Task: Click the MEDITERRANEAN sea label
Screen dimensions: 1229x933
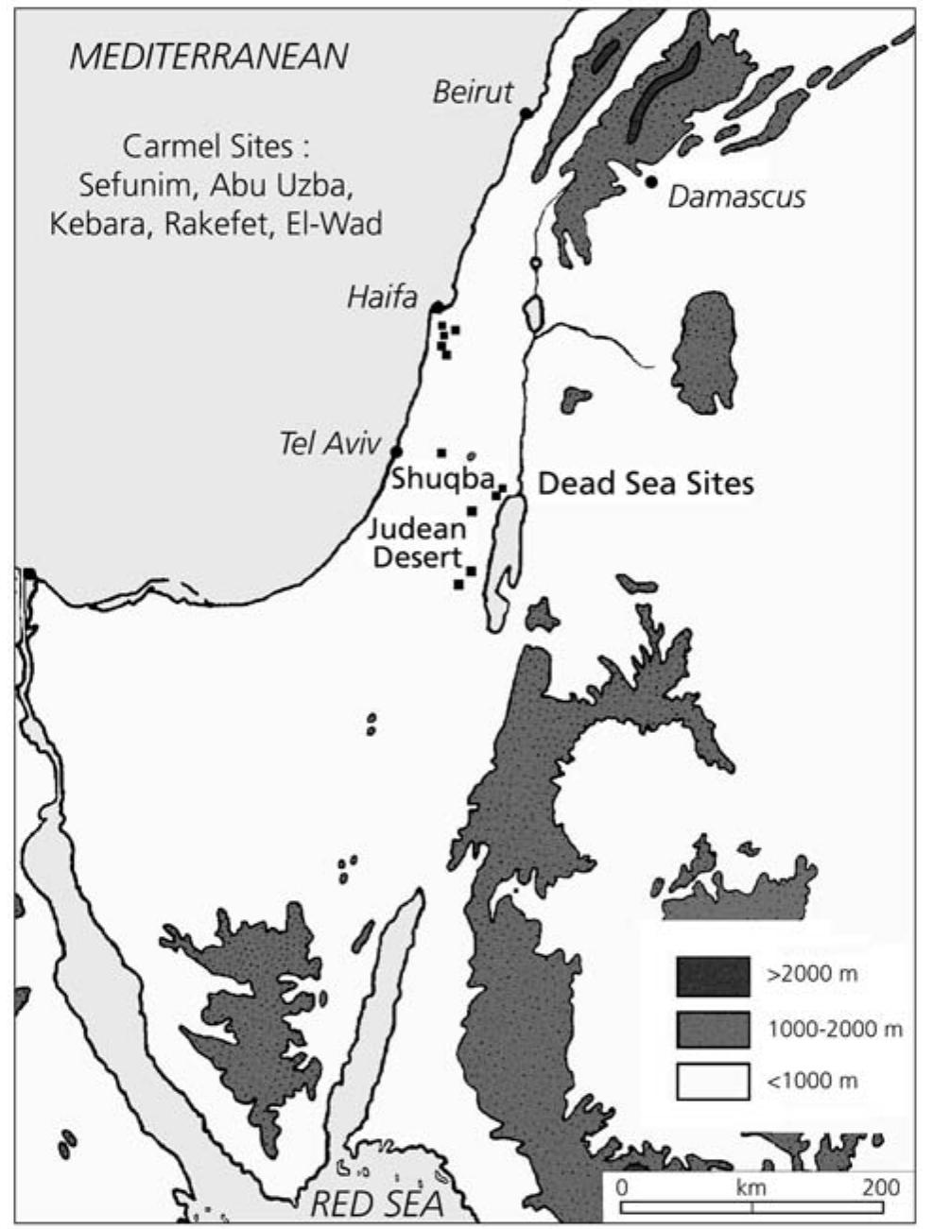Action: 209,58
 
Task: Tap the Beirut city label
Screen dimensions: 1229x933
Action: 473,92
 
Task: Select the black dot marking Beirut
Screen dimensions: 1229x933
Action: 526,114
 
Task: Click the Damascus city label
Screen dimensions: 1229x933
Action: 736,196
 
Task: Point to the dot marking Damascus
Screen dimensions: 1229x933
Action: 651,181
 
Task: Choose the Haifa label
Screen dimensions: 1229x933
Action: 382,298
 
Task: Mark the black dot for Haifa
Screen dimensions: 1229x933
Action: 437,308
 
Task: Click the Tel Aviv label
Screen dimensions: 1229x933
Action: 329,444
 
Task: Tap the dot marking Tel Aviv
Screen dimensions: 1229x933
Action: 396,452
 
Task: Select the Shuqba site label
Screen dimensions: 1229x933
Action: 441,479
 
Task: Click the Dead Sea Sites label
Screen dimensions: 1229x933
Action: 646,484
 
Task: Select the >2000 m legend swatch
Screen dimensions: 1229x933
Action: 713,975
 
